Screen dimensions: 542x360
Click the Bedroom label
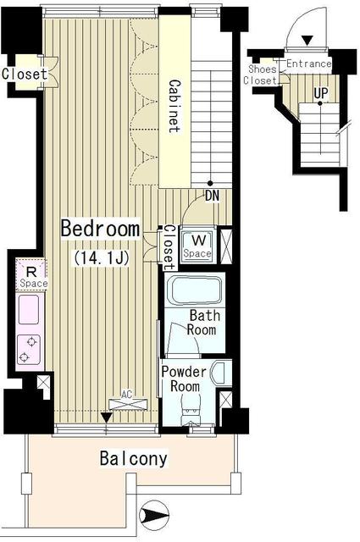[x=99, y=229]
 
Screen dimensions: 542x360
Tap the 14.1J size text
[x=100, y=257]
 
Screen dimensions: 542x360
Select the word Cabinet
[x=174, y=107]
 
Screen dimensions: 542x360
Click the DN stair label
[x=213, y=197]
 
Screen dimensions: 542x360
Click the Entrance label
[x=307, y=64]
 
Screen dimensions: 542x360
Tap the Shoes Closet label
[x=261, y=75]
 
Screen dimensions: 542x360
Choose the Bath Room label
[x=204, y=323]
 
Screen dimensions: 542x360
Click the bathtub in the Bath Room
[x=195, y=292]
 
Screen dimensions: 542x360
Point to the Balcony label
[x=133, y=460]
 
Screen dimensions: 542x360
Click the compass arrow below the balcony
[x=158, y=512]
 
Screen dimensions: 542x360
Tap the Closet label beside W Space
[x=168, y=243]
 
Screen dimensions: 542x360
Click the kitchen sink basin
[x=30, y=311]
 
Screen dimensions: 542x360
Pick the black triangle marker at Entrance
[x=307, y=40]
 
